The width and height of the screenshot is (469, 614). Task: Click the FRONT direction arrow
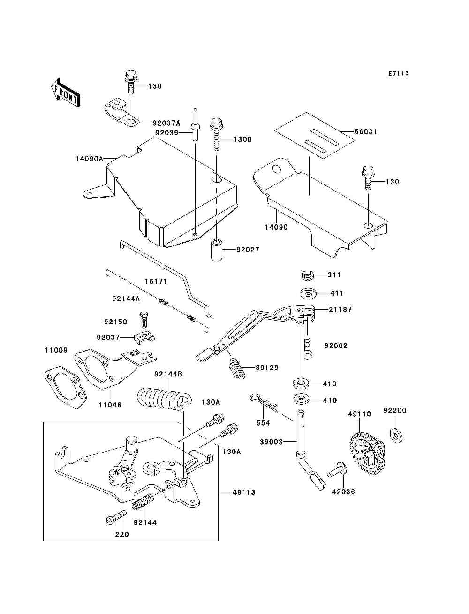(x=66, y=92)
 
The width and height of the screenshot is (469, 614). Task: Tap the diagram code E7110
(x=398, y=74)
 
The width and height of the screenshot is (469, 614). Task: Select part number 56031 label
(x=366, y=131)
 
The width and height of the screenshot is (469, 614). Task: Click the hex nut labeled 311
(x=308, y=275)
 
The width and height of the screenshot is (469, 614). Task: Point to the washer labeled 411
(x=308, y=294)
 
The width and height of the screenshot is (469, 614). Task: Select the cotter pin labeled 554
(x=264, y=403)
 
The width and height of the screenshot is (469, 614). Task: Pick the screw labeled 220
(x=116, y=517)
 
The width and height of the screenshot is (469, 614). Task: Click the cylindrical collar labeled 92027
(x=217, y=250)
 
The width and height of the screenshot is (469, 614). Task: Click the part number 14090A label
(x=89, y=159)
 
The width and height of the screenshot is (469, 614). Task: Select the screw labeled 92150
(x=144, y=320)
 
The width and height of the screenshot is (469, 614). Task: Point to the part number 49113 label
(x=244, y=492)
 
